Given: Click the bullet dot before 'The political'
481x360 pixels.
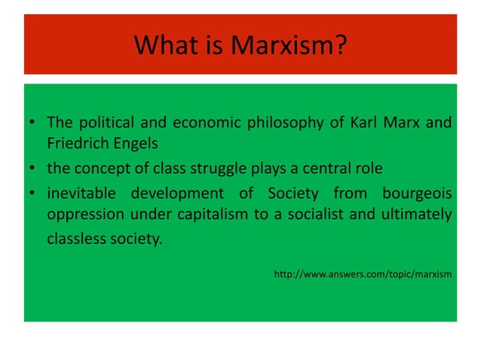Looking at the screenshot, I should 32,124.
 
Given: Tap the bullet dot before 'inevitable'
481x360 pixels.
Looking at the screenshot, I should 32,194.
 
